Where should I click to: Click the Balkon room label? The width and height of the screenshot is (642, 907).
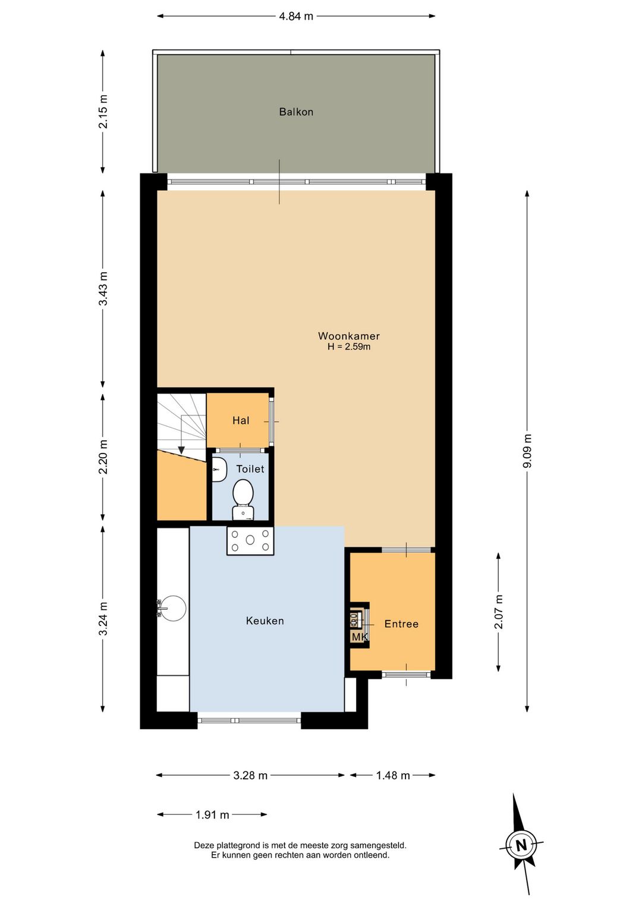click(296, 112)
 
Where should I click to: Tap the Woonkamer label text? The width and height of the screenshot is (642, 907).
click(349, 336)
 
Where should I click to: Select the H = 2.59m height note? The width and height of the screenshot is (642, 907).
click(349, 347)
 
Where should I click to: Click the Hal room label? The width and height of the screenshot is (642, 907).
click(241, 421)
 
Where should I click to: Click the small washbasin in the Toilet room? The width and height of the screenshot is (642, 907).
click(219, 470)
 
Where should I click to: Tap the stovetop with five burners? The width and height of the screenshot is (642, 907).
click(250, 540)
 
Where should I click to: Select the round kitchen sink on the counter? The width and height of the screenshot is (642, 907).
click(172, 608)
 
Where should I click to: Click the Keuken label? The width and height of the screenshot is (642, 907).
click(265, 621)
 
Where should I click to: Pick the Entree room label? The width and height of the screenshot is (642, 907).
click(401, 624)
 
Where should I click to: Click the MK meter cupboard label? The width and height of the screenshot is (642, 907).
click(360, 637)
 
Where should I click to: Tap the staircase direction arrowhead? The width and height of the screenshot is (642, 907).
click(181, 450)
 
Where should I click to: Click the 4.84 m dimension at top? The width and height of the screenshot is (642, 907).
click(296, 16)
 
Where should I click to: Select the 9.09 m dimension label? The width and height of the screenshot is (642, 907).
click(527, 451)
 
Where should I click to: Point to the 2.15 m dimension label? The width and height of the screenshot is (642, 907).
click(103, 111)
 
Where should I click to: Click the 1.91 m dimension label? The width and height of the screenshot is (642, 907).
click(212, 814)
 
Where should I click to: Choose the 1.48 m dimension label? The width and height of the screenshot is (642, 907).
click(393, 776)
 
